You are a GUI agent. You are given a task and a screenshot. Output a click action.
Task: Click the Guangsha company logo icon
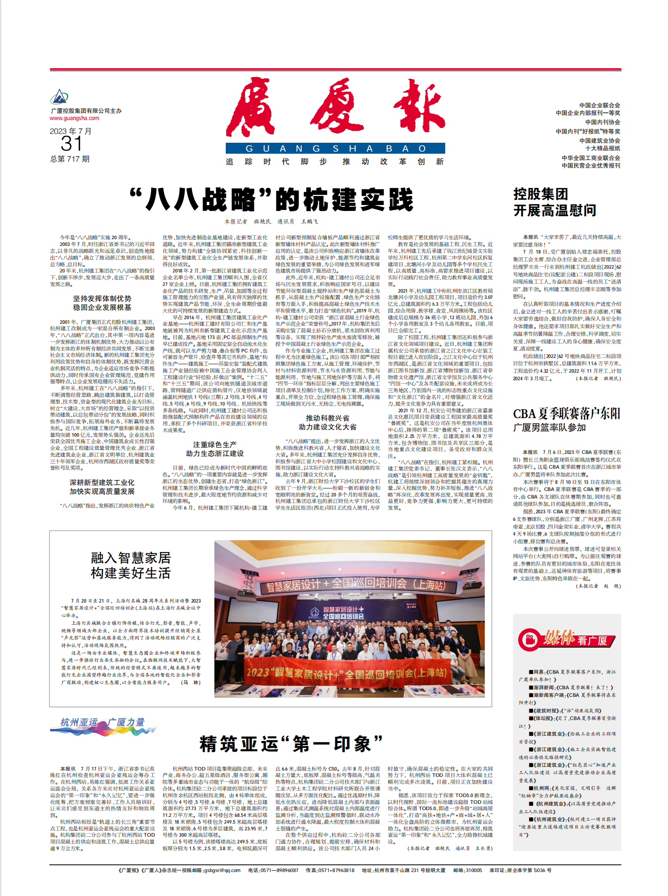tap(59, 97)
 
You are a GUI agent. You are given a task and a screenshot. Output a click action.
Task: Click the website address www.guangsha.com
tap(75, 118)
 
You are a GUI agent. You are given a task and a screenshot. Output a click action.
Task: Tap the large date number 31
tap(71, 144)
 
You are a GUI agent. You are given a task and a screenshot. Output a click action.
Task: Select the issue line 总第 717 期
tap(70, 159)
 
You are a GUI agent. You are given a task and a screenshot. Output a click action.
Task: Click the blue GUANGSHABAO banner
tap(335, 149)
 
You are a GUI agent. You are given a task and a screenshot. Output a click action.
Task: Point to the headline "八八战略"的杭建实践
tap(272, 200)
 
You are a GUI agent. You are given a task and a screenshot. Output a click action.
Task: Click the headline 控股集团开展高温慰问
tap(555, 202)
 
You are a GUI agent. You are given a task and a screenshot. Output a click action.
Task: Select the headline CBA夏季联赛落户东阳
tap(566, 413)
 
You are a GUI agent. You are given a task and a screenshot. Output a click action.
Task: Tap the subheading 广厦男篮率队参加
tap(549, 427)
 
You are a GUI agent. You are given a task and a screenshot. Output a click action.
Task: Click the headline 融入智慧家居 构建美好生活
tap(131, 565)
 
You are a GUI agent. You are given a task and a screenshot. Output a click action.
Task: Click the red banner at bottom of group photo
tap(349, 673)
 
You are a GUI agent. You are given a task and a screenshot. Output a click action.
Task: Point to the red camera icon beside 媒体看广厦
tap(529, 640)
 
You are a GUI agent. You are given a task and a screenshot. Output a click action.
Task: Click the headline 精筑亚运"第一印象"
tap(291, 744)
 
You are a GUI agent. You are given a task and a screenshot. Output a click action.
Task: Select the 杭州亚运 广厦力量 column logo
tap(103, 724)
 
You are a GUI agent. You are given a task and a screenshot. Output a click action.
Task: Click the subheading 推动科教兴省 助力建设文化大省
tap(328, 422)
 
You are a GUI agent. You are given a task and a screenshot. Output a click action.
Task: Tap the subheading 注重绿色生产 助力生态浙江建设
tap(215, 449)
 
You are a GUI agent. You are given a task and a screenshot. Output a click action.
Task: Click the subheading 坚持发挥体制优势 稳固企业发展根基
tap(102, 303)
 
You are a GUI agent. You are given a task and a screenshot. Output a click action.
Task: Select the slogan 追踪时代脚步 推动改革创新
tap(335, 162)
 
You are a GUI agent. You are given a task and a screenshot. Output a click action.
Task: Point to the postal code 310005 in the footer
tap(473, 870)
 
